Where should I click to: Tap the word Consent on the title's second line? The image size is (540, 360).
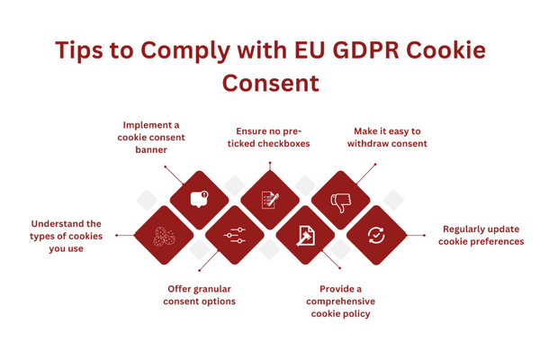coord(270,85)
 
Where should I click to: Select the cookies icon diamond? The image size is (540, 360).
coord(164,236)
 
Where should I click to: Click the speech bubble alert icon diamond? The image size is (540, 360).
coord(199,200)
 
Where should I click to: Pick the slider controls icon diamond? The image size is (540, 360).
coord(235,236)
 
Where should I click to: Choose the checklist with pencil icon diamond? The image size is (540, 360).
coord(270,200)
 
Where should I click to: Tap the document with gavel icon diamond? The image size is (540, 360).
coord(306,236)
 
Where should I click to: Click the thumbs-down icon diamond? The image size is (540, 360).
coord(341,200)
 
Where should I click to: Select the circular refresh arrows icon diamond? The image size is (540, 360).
coord(376,236)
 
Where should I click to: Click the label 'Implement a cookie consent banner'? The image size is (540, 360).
coord(151,138)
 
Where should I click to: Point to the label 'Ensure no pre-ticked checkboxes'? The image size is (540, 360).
coord(270,137)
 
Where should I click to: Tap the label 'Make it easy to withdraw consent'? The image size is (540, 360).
coord(389,137)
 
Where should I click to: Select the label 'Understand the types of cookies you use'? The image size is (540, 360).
coord(67,236)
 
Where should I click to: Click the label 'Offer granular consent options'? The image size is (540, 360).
coord(200,294)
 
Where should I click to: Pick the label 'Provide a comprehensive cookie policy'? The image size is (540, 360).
coord(340,301)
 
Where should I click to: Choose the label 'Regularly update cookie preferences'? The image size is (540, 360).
coord(481,235)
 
